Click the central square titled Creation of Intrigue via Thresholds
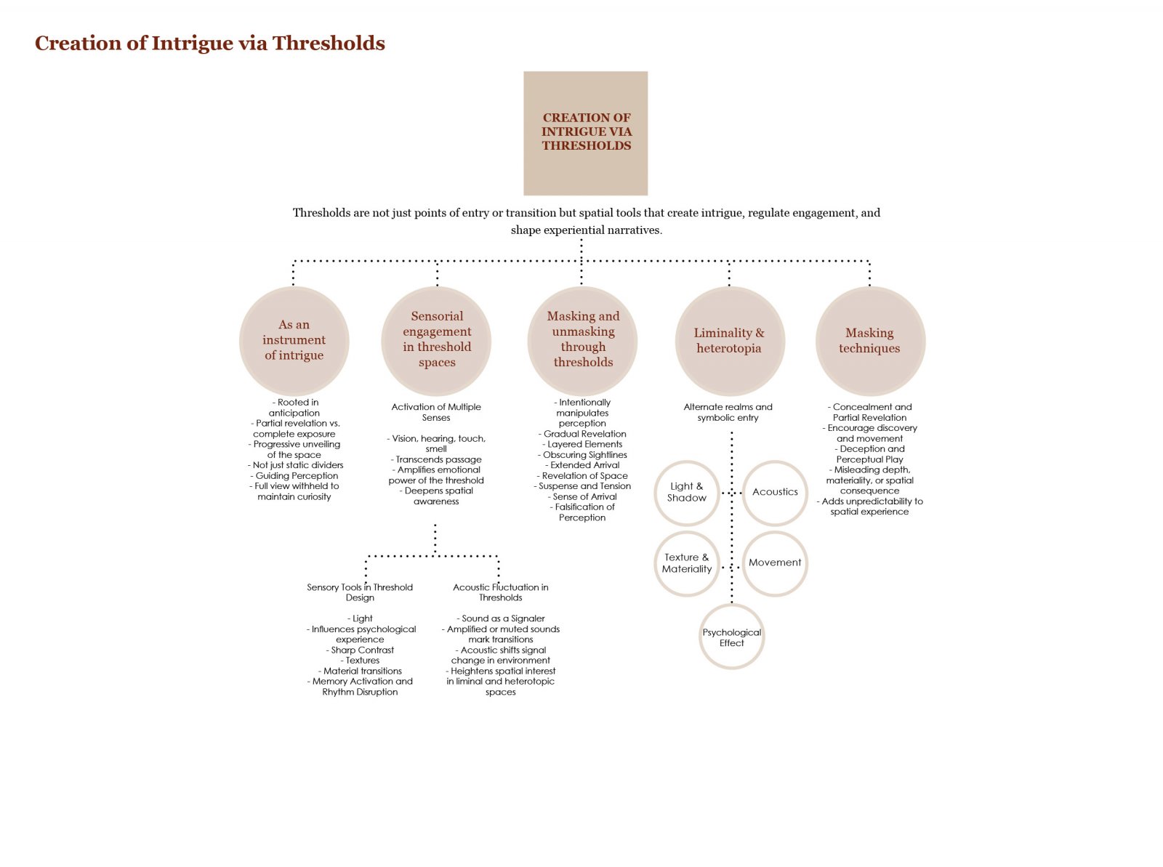point(585,134)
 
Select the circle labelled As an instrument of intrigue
point(294,341)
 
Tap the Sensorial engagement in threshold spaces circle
point(436,341)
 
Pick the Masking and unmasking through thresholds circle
point(582,341)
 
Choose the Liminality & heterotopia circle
point(730,341)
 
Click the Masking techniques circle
point(871,341)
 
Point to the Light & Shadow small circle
point(687,493)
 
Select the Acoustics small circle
point(775,493)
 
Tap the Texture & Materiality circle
point(687,563)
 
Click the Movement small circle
point(775,563)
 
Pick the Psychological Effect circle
point(732,637)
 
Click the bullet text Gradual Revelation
point(582,434)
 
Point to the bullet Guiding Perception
point(294,475)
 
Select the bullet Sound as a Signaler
point(501,618)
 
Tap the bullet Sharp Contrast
point(360,650)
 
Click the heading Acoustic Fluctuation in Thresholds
point(501,592)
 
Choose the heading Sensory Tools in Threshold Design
point(360,592)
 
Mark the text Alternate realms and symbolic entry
point(728,412)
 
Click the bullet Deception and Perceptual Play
point(869,454)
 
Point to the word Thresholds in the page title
point(329,43)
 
